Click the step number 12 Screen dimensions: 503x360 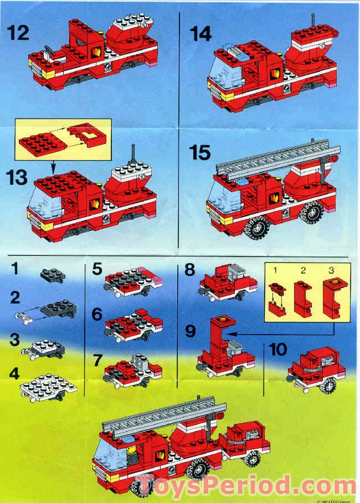point(18,34)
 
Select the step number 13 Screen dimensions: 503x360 point(19,178)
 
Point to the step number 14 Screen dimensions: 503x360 point(200,34)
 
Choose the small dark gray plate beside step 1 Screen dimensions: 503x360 point(53,273)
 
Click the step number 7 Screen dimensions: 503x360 point(97,360)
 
